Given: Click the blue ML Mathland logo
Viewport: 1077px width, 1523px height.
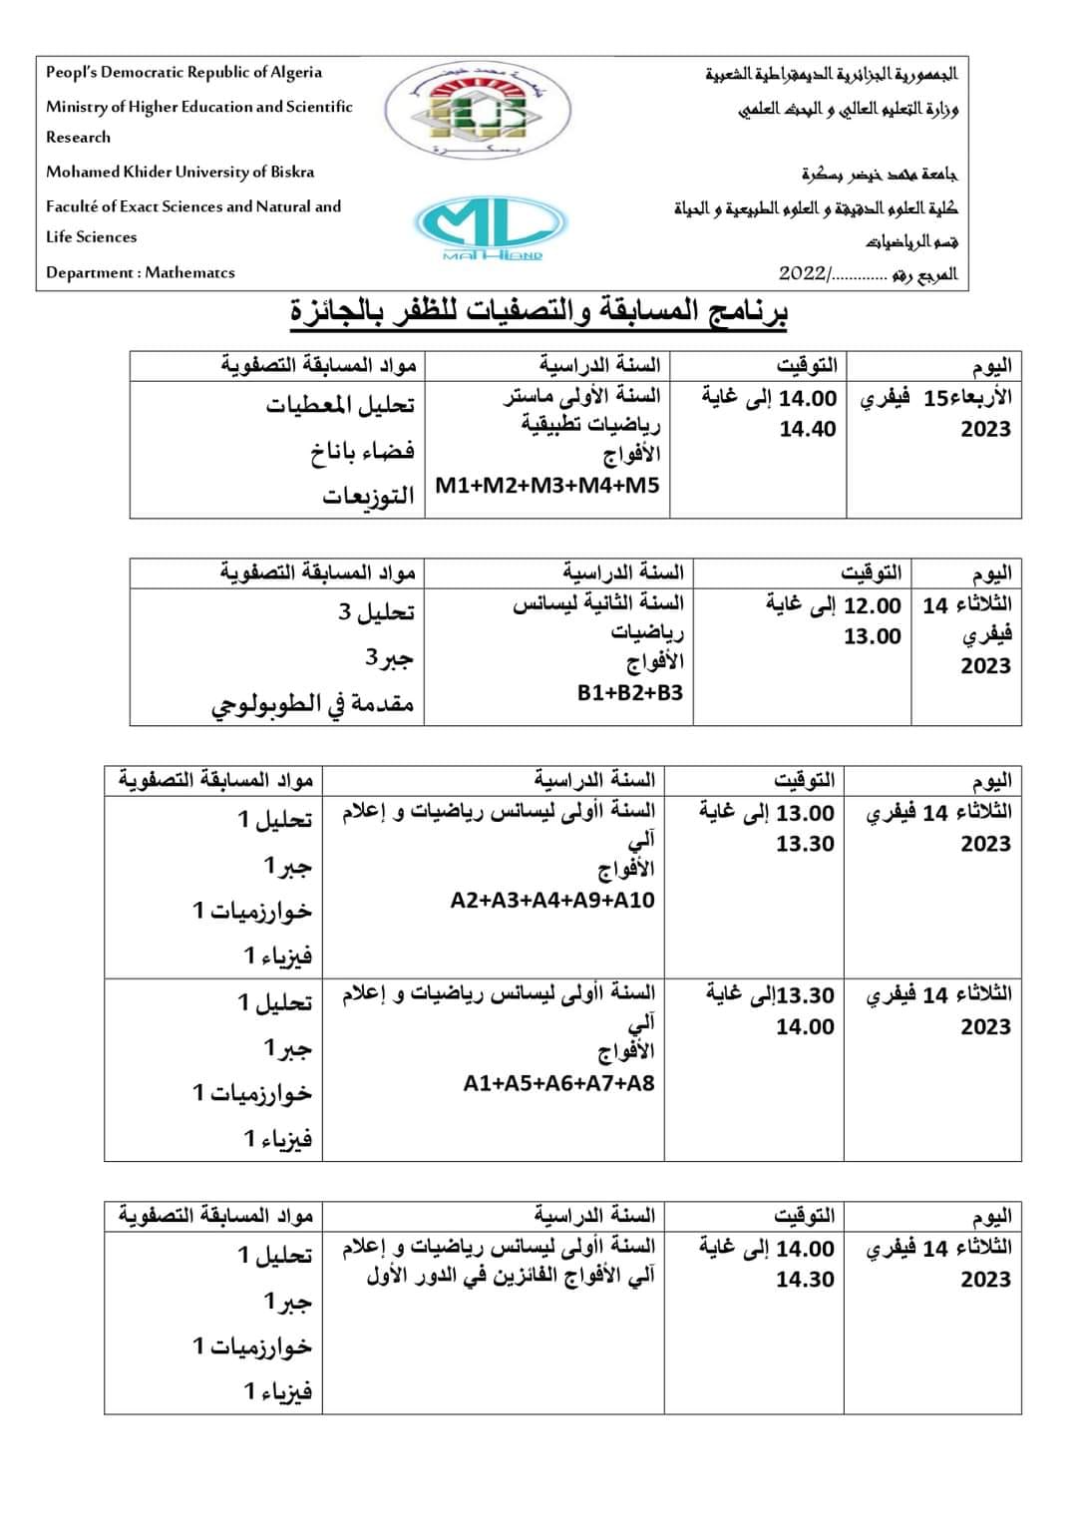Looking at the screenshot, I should (x=490, y=226).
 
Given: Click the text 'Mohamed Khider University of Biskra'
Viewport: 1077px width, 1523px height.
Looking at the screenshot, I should (x=179, y=172).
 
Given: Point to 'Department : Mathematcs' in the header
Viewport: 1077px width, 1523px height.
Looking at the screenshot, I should (x=141, y=272).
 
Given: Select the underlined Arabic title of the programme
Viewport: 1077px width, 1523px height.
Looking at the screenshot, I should (x=538, y=313).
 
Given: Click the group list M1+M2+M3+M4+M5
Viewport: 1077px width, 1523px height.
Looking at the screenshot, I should (x=547, y=486).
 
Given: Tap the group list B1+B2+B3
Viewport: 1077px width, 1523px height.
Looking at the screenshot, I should (x=629, y=692).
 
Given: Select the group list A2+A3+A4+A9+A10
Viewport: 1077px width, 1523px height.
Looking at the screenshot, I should (x=552, y=900).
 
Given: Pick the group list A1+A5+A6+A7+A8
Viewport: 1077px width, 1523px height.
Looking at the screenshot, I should (x=558, y=1083).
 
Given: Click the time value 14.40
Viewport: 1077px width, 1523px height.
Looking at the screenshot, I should (x=808, y=429).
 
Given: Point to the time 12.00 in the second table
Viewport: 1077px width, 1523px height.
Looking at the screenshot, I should (x=873, y=605).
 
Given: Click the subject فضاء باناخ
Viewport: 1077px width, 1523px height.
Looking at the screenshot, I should (x=361, y=452).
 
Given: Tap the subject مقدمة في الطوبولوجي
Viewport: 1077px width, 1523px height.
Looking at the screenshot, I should (x=312, y=704).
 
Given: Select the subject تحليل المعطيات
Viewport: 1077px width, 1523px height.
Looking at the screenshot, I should (x=340, y=405).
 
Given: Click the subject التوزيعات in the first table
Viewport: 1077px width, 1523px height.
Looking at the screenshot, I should (x=368, y=496).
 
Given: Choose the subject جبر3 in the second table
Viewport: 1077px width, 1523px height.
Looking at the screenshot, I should (x=389, y=658).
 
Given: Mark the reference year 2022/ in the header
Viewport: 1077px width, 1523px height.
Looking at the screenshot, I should (x=804, y=273).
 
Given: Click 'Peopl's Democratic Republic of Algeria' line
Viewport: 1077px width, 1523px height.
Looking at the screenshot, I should (x=183, y=72).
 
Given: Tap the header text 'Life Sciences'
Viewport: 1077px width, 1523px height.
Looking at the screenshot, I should (x=92, y=236).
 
